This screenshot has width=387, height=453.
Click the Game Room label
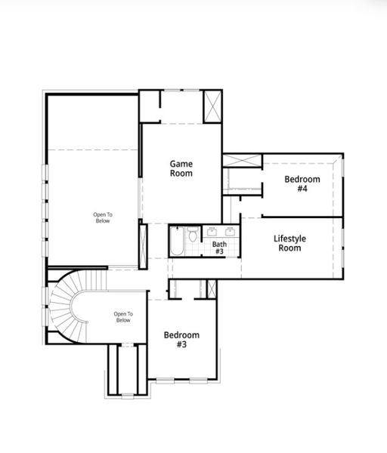click(x=181, y=168)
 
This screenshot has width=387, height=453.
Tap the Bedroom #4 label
click(x=302, y=184)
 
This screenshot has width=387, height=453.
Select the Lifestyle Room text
click(x=289, y=243)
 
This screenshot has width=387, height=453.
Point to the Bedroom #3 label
click(x=181, y=340)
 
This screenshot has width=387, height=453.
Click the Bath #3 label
click(x=218, y=248)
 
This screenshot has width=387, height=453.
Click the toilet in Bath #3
click(x=193, y=235)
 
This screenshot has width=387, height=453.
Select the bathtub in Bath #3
click(x=176, y=242)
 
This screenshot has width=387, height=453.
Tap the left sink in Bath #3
click(x=212, y=230)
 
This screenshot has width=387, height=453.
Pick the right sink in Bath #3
click(x=228, y=230)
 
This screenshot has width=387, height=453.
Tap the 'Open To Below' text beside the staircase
click(x=123, y=317)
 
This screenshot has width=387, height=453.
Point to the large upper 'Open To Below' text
click(x=102, y=218)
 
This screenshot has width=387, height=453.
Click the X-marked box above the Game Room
click(x=212, y=105)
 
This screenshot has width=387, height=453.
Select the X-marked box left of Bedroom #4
click(x=241, y=160)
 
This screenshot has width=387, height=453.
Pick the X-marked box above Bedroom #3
click(x=212, y=288)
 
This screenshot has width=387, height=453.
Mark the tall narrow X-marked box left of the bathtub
click(x=142, y=241)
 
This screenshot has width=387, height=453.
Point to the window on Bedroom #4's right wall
click(x=342, y=185)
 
